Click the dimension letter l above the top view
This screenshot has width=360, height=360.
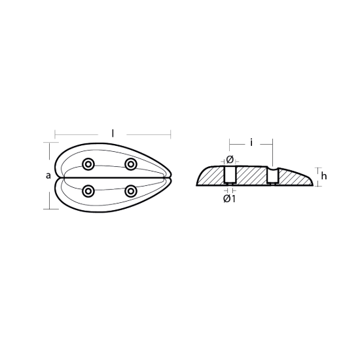pyautogui.click(x=113, y=133)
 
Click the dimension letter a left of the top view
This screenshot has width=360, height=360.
pyautogui.click(x=48, y=175)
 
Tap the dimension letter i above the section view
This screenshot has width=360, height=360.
pyautogui.click(x=251, y=141)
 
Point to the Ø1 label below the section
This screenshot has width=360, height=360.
pyautogui.click(x=229, y=198)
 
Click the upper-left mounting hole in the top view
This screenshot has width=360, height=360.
pyautogui.click(x=88, y=164)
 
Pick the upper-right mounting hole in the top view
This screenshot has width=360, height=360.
pyautogui.click(x=131, y=164)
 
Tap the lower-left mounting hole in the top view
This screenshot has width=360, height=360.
pyautogui.click(x=88, y=191)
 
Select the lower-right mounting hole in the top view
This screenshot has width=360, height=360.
pyautogui.click(x=131, y=191)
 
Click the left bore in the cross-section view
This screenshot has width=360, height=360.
pyautogui.click(x=230, y=175)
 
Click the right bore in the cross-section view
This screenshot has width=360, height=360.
pyautogui.click(x=272, y=175)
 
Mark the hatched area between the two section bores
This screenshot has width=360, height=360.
pyautogui.click(x=251, y=175)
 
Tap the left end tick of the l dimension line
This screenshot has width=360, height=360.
pyautogui.click(x=54, y=135)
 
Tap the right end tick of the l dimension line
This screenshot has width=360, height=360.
pyautogui.click(x=171, y=135)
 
